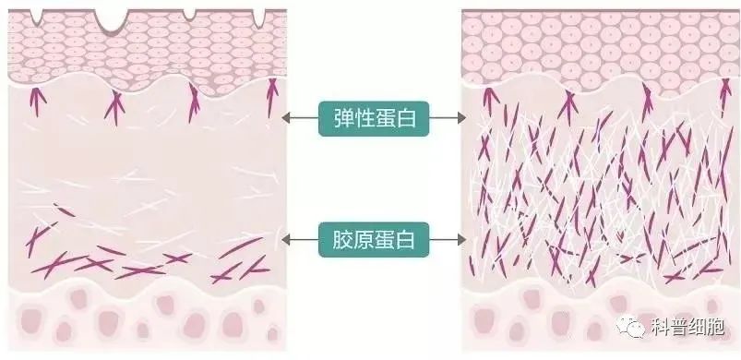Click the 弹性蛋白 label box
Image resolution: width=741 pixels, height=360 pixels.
pos(374,118)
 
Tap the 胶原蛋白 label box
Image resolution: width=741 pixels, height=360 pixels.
pos(374,240)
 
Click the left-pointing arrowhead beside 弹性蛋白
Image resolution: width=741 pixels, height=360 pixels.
pos(286,118)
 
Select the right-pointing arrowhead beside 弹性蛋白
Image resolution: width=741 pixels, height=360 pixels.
pos(461,118)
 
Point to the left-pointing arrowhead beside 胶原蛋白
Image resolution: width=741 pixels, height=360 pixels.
pos(286,240)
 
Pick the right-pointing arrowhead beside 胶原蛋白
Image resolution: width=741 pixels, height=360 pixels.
pos(461,240)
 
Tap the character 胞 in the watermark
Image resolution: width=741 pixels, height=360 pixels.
pos(714,327)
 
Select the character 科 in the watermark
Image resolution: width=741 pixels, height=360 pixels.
pos(660,327)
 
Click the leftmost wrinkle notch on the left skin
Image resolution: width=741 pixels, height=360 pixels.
pos(36,17)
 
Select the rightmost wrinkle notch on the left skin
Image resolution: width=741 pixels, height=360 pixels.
pos(258,18)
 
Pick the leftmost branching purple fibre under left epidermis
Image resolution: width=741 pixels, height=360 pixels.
pos(37,102)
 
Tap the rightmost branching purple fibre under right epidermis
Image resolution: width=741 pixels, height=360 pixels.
pos(725,96)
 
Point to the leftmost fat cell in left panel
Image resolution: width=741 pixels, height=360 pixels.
pos(31,319)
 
